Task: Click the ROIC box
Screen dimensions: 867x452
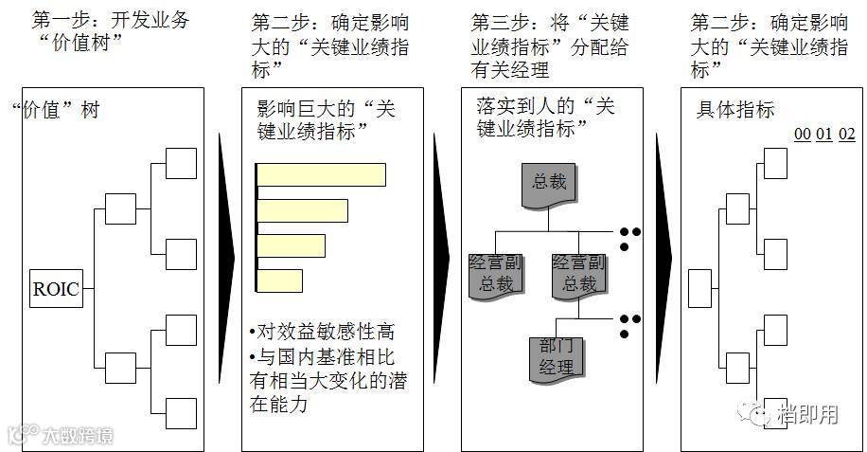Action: point(56,290)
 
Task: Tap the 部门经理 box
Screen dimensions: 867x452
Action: point(555,354)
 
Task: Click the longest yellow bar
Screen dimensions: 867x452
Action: point(321,175)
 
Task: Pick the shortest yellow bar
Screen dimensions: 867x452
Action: point(280,281)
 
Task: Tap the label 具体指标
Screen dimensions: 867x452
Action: point(735,110)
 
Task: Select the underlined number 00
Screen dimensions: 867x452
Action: point(802,135)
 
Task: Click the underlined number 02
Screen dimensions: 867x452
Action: point(846,135)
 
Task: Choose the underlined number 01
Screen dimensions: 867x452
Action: point(823,135)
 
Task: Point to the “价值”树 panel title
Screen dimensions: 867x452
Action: point(56,110)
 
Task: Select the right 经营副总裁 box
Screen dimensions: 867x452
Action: point(577,273)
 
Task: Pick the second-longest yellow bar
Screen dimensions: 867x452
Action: point(302,210)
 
